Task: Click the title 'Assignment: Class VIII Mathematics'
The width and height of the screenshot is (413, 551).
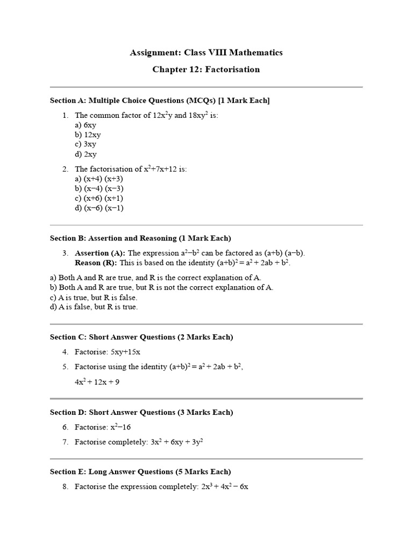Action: pos(206,53)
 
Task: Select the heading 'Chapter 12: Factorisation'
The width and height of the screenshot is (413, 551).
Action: pos(206,69)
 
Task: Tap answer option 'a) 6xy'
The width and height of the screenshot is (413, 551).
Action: pos(86,125)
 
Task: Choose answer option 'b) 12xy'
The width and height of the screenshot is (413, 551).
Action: pos(88,135)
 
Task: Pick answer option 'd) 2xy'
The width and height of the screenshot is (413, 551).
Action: pos(86,154)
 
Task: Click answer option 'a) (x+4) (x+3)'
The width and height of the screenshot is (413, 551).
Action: pos(99,179)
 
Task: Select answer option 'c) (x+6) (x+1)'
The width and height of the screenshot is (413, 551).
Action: pos(99,198)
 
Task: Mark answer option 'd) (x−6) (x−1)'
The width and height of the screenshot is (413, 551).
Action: pos(99,208)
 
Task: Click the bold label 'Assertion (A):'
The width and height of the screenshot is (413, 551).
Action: pos(100,253)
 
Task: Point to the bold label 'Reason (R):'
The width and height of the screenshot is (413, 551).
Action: pos(96,263)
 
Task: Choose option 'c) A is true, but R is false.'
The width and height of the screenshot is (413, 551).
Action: pos(94,297)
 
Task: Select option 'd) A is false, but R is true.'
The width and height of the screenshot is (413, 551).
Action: pos(94,307)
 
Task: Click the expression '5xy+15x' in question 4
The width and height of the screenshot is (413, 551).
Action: pos(125,352)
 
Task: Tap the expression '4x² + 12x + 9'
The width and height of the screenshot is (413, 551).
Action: pos(97,382)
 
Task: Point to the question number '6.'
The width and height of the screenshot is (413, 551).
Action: pos(65,427)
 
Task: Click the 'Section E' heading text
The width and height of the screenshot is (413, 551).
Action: pos(140,471)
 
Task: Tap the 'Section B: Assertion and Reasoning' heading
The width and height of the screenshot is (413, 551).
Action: pos(140,238)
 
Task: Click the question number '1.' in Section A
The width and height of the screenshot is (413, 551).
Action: pos(65,115)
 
